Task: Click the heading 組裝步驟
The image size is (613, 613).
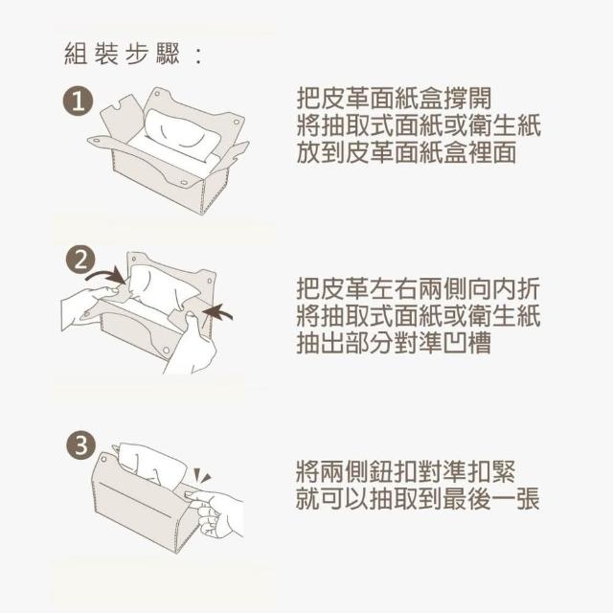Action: click(122, 54)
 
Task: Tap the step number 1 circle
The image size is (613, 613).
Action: click(79, 102)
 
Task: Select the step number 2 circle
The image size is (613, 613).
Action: click(80, 260)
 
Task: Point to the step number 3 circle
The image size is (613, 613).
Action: click(80, 444)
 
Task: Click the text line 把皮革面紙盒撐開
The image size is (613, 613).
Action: click(394, 98)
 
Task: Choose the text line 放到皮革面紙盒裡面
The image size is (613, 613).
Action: click(406, 152)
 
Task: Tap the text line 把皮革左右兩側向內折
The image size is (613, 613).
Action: click(419, 288)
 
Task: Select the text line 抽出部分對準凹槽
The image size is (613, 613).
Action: click(394, 343)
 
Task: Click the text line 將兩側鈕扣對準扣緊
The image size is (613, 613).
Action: click(406, 471)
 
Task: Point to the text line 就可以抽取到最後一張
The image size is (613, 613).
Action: click(419, 498)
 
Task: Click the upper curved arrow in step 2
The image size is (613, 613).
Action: click(106, 275)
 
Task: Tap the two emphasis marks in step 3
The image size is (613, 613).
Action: click(202, 476)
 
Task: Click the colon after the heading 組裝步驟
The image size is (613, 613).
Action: click(198, 56)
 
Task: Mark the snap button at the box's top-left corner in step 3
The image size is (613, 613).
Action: click(104, 459)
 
